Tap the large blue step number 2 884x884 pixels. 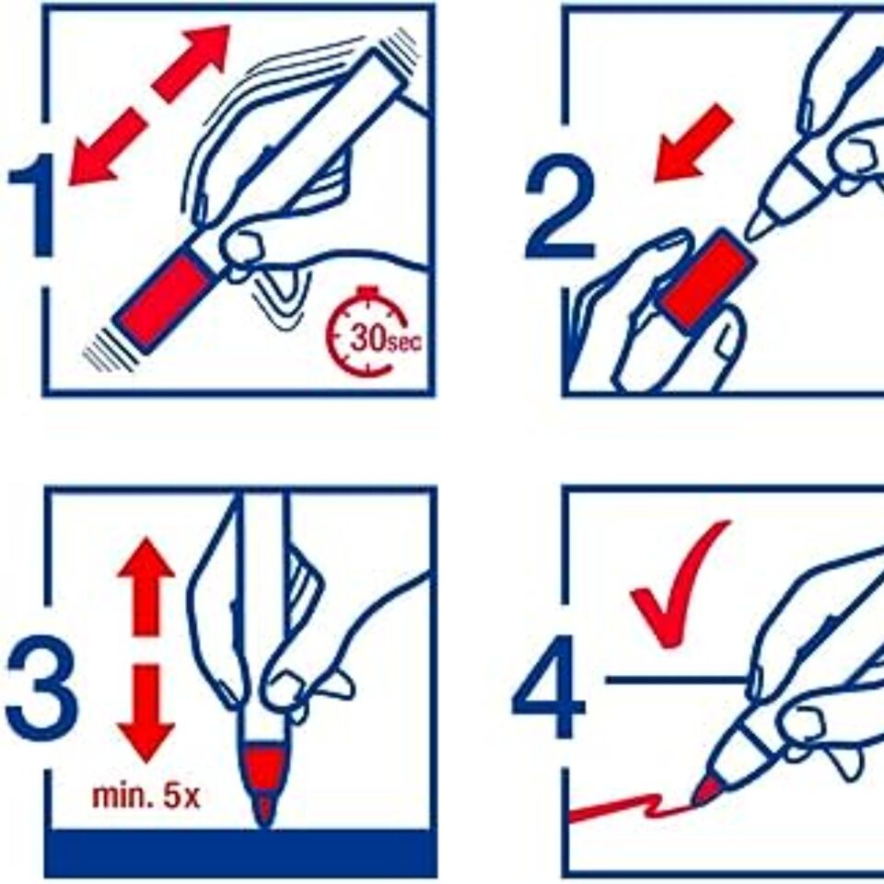(559, 205)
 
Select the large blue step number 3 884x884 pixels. (41, 688)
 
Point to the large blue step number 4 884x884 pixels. (548, 687)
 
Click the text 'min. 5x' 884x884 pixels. (146, 796)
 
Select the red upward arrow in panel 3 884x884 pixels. (146, 587)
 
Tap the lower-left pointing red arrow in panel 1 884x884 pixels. (107, 146)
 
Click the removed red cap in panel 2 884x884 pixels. (706, 280)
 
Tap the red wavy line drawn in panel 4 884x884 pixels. (632, 808)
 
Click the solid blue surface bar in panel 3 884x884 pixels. (240, 853)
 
